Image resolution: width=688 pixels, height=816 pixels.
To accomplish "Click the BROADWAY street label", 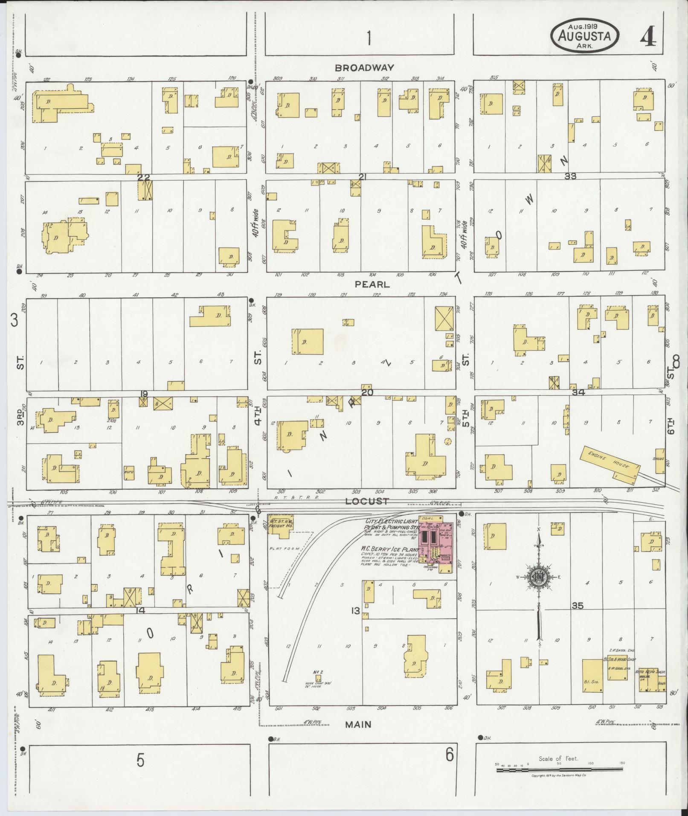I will click(x=364, y=67).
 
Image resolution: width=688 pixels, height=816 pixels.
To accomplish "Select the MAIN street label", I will click(x=358, y=724).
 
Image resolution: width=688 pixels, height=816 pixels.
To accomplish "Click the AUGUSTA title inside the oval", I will click(x=584, y=36).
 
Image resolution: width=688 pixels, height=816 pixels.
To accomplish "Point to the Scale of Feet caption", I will click(x=558, y=758).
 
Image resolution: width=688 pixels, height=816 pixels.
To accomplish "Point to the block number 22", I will click(x=144, y=177).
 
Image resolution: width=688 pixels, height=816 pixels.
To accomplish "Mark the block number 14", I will click(x=140, y=610).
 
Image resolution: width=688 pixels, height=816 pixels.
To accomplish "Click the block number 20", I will click(x=367, y=392).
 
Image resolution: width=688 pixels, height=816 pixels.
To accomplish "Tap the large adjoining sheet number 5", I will click(x=141, y=760).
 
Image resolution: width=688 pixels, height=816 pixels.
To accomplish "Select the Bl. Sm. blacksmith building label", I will click(x=591, y=682).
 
